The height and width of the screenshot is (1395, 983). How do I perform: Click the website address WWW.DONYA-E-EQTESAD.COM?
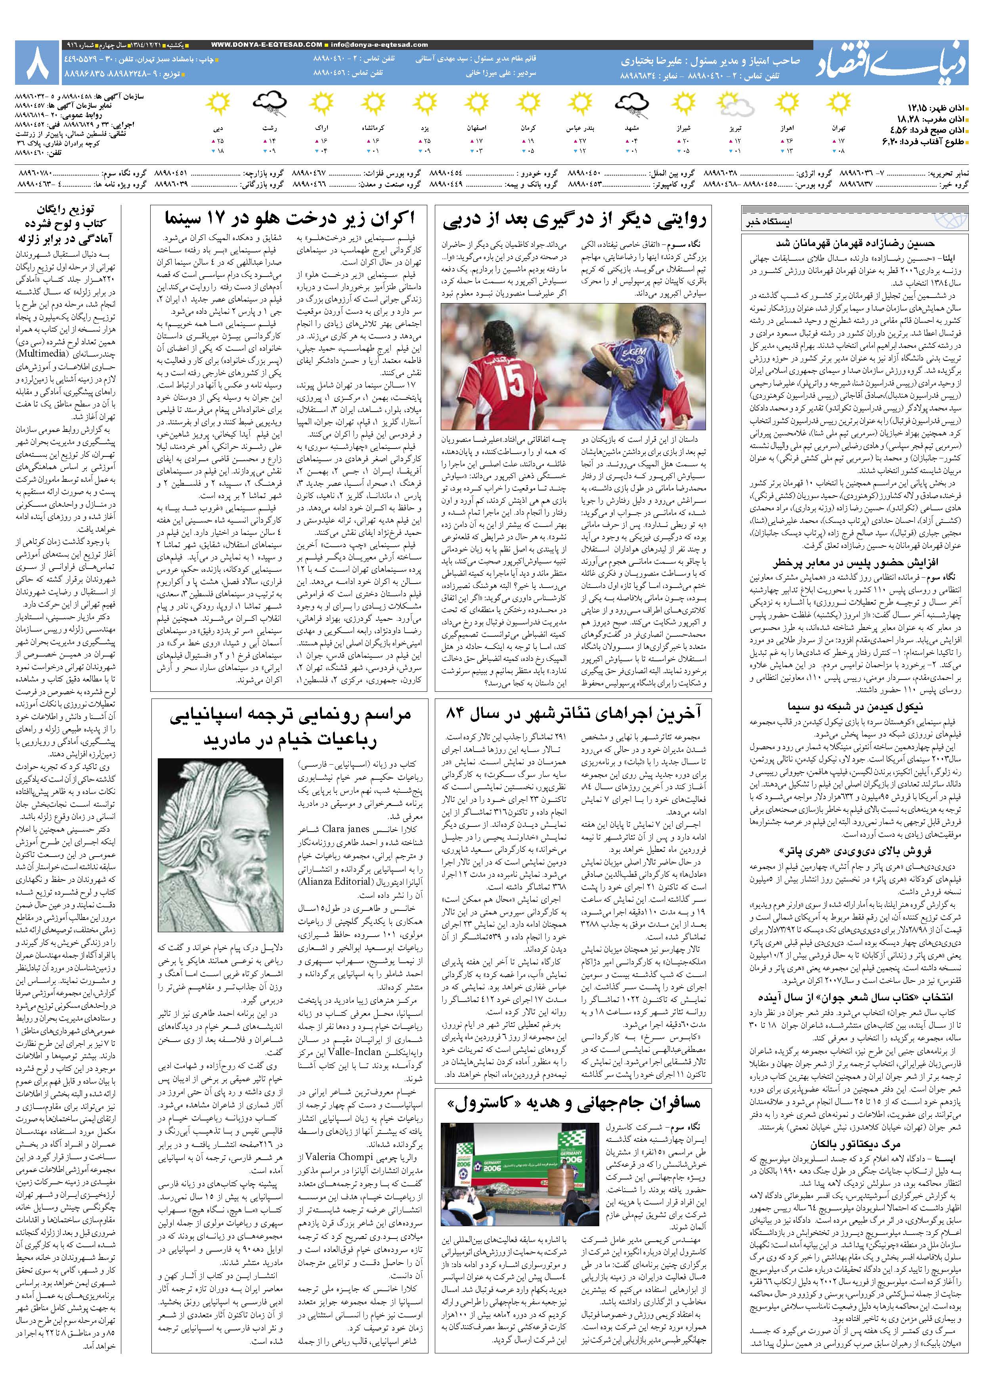(x=267, y=44)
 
